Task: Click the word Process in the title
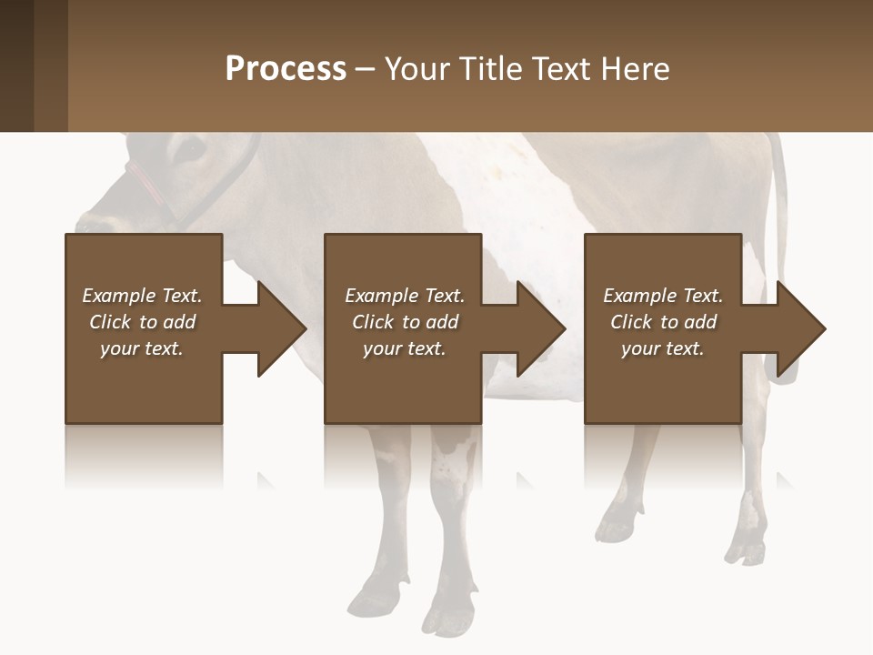coord(286,69)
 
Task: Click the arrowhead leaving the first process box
coord(281,328)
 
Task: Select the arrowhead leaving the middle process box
coord(540,328)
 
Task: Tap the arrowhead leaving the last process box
coord(800,328)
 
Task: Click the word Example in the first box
coord(119,296)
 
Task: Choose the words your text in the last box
coord(662,348)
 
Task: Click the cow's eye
coord(192,146)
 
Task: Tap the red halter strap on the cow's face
coord(145,181)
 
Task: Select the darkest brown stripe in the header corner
coord(16,65)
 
